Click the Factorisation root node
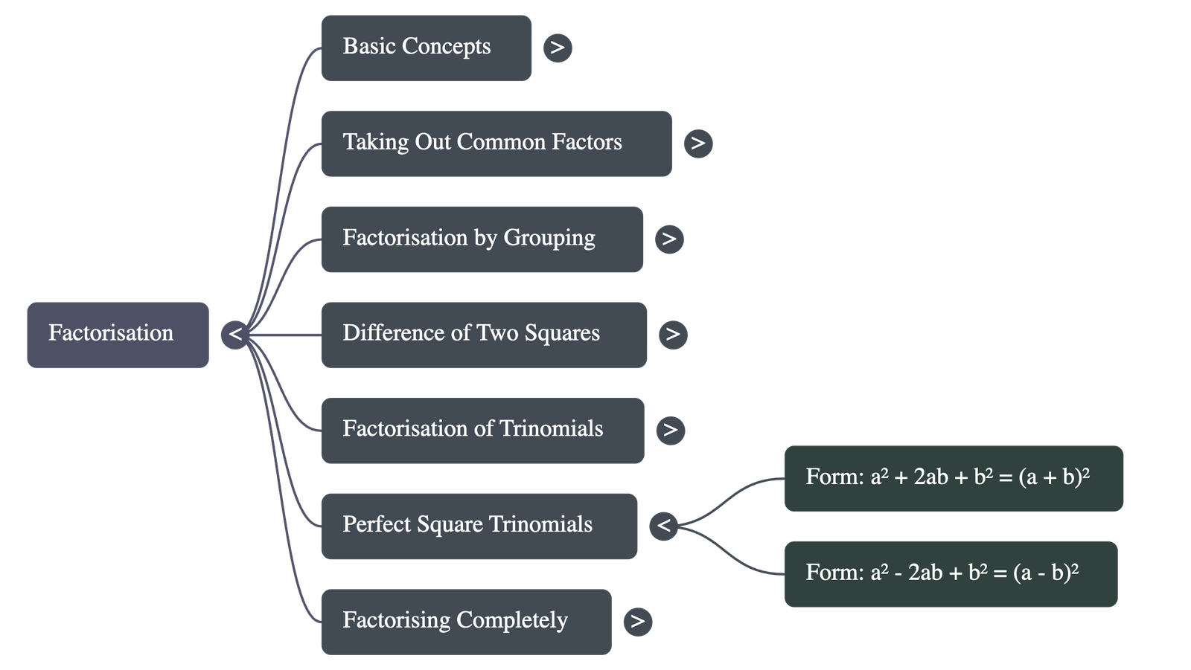[x=118, y=335]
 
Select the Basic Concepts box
[x=427, y=48]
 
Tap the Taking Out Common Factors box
[x=496, y=144]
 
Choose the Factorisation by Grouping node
[x=482, y=239]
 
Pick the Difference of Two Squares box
[x=484, y=335]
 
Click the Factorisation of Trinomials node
[x=482, y=431]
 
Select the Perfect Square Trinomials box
[x=479, y=526]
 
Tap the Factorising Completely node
[x=466, y=622]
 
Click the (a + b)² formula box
[x=954, y=478]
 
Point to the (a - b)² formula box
[x=951, y=573]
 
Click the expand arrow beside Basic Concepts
[x=558, y=48]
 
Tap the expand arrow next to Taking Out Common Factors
[x=697, y=144]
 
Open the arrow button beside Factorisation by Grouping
[x=668, y=239]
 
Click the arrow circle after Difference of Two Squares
[x=673, y=335]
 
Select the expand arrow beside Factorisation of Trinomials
[x=670, y=431]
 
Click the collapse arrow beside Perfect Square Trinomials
[x=663, y=526]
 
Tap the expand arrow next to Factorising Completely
[x=637, y=622]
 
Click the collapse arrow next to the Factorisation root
[x=234, y=335]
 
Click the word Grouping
[x=549, y=239]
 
